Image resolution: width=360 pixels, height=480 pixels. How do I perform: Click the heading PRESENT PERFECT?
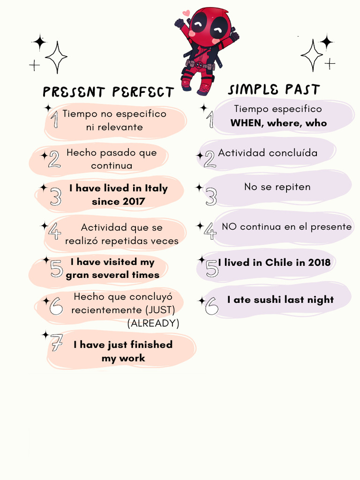pyautogui.click(x=108, y=92)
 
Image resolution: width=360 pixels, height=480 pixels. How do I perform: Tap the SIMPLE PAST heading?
pyautogui.click(x=274, y=90)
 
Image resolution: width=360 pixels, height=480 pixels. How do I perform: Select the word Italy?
pyautogui.click(x=156, y=188)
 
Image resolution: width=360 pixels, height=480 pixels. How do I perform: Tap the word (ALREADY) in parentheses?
pyautogui.click(x=153, y=323)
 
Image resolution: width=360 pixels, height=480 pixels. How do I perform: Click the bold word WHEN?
pyautogui.click(x=246, y=123)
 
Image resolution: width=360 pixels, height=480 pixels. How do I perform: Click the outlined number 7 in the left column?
pyautogui.click(x=57, y=345)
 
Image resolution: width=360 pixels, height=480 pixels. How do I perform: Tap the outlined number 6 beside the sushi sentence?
pyautogui.click(x=211, y=306)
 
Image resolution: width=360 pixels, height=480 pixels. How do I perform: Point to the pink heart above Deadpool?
pyautogui.click(x=186, y=13)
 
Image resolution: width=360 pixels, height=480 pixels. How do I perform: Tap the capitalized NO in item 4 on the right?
pyautogui.click(x=229, y=227)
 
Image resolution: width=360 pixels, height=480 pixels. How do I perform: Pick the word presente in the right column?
pyautogui.click(x=330, y=227)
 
